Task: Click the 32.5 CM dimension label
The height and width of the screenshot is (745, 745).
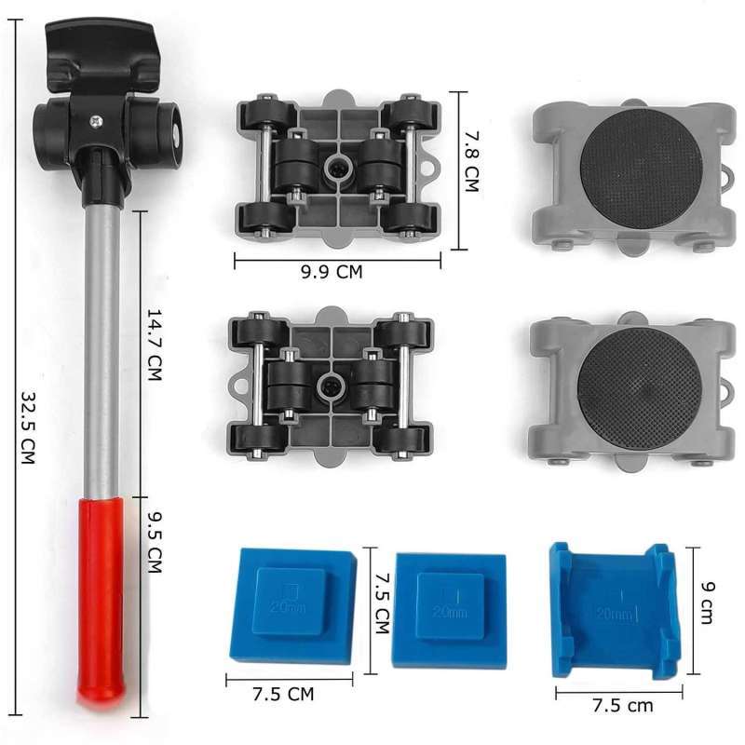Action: click(29, 427)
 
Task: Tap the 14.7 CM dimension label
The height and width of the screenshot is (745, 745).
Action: click(155, 345)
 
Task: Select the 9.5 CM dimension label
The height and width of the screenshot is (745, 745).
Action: click(155, 542)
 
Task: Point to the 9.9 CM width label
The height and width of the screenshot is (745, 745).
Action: click(332, 272)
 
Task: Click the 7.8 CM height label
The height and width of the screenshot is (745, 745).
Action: click(472, 161)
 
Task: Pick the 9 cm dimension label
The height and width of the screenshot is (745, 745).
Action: click(707, 603)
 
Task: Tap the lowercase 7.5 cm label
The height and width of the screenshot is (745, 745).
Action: click(622, 705)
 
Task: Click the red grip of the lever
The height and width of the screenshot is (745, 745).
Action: click(101, 596)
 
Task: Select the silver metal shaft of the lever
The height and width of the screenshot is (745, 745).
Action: click(102, 352)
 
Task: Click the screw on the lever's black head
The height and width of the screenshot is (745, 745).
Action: click(97, 122)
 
